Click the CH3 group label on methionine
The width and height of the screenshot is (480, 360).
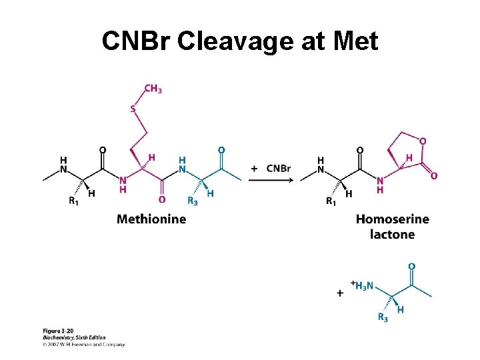153,89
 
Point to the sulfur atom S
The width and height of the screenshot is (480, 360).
132,109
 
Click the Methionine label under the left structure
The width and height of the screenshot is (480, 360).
151,219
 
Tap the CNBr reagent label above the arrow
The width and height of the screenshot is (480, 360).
278,168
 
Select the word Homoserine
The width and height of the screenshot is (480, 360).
392,219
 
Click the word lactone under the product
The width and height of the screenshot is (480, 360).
392,235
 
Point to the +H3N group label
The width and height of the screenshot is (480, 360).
364,285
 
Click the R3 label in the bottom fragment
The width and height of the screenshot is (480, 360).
383,317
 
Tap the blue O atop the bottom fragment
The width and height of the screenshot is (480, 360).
411,266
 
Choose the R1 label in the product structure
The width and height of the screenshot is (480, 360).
331,201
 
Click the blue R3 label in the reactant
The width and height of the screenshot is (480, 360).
192,201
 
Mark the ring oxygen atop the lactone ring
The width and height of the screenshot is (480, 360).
423,141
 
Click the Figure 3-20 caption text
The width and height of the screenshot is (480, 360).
59,331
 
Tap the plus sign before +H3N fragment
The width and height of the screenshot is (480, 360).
340,293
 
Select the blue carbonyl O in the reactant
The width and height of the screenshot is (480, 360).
221,151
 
